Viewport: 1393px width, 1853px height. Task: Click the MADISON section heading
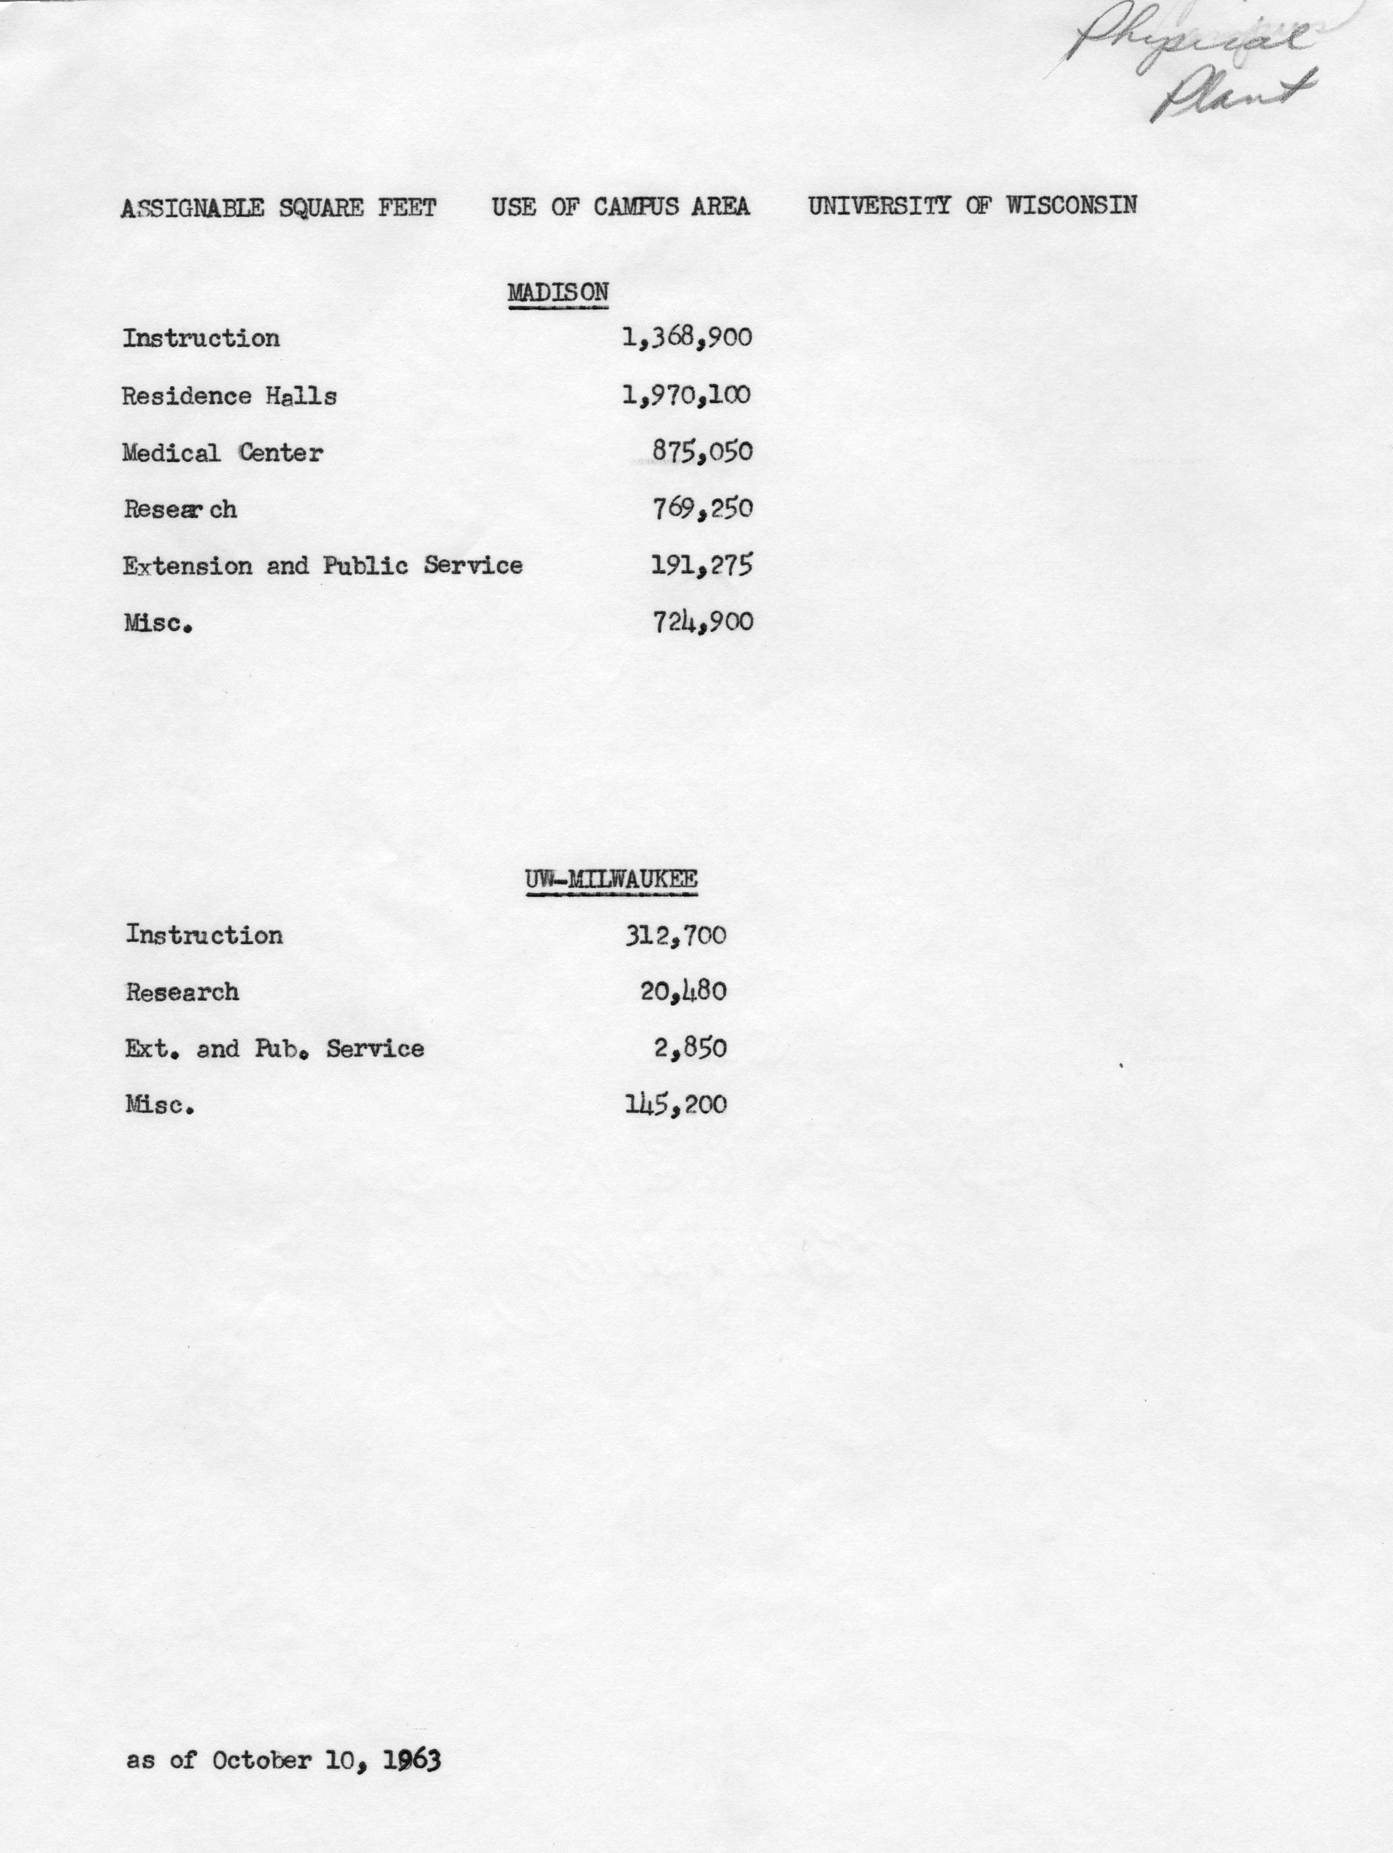click(558, 293)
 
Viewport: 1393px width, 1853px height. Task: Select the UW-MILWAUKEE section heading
click(611, 879)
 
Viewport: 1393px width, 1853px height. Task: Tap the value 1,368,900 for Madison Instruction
click(687, 339)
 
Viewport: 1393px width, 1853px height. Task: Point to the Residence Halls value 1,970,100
click(686, 395)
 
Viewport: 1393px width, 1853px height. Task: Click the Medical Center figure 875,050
click(702, 452)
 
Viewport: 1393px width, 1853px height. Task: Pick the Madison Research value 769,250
click(702, 509)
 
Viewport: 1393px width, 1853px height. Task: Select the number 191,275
click(702, 566)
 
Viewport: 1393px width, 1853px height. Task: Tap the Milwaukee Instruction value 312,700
click(675, 936)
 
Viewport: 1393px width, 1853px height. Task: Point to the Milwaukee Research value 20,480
click(683, 993)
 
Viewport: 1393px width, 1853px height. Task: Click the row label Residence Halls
click(229, 395)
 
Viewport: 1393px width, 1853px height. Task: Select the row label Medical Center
click(222, 453)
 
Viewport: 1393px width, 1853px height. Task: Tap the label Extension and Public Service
click(322, 566)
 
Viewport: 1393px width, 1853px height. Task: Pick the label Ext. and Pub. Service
click(274, 1049)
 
